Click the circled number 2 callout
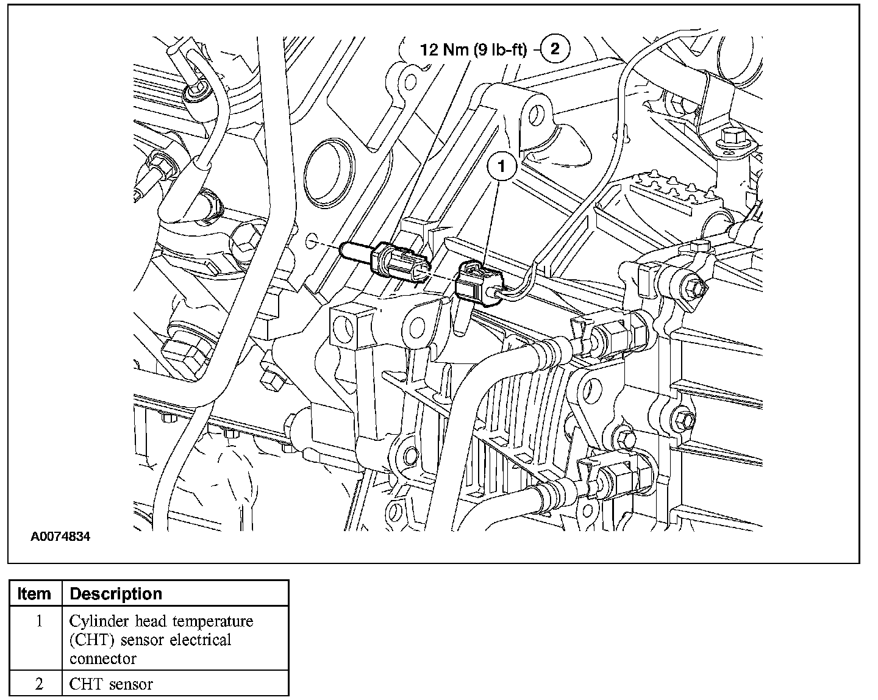click(554, 48)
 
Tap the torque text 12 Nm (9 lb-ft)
click(473, 49)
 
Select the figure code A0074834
click(61, 537)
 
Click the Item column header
click(35, 593)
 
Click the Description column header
click(116, 593)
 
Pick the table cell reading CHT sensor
click(111, 684)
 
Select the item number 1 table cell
click(38, 621)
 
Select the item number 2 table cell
click(38, 684)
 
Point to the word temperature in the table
click(212, 621)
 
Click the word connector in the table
click(102, 659)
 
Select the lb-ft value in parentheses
click(499, 49)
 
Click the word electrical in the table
click(201, 640)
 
